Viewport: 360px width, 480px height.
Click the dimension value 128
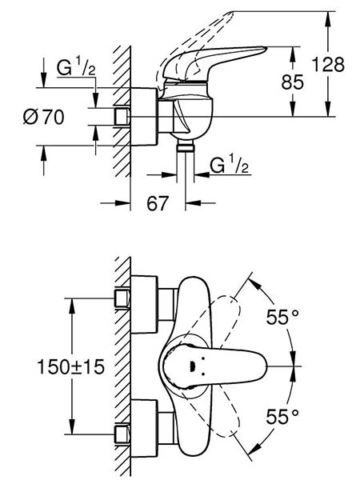pos(328,65)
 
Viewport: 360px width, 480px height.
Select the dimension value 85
pos(293,82)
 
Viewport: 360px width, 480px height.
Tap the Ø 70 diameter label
pos(44,117)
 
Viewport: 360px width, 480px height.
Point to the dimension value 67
pos(158,203)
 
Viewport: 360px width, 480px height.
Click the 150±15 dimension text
pos(70,366)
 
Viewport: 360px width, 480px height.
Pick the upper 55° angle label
pos(282,317)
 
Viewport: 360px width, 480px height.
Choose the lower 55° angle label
pos(282,416)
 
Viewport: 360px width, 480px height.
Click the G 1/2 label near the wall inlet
pos(76,67)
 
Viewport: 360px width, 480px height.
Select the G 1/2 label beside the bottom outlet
pos(229,166)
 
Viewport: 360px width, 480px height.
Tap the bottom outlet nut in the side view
pos(186,148)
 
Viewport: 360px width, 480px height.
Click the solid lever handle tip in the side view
pos(265,48)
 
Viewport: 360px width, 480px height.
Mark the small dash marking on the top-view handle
pos(192,366)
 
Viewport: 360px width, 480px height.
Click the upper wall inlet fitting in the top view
pos(122,298)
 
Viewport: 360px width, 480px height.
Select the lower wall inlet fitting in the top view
pos(122,434)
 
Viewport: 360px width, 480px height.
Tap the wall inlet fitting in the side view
pos(122,117)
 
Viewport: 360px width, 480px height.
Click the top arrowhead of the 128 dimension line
pos(328,18)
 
